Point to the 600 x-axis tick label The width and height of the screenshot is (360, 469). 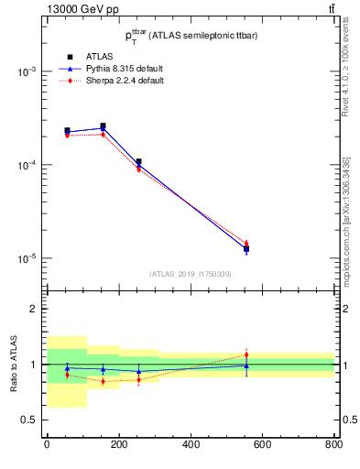(262, 446)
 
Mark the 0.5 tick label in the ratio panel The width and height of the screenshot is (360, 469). (31, 420)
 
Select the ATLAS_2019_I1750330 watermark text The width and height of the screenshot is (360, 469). (190, 274)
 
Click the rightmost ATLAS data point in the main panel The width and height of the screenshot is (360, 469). (246, 248)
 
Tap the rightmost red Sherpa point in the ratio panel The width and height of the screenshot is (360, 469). (246, 354)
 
